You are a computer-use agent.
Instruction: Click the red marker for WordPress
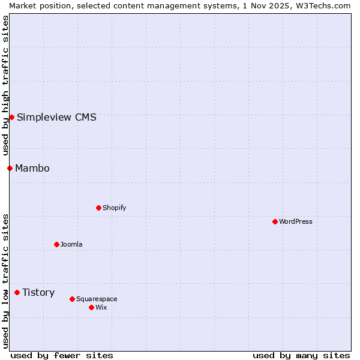tap(275, 221)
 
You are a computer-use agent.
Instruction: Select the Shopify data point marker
tap(98, 208)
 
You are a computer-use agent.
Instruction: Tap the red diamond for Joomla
tap(56, 244)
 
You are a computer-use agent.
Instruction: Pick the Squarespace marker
tap(72, 299)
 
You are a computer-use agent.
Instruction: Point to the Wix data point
tap(91, 307)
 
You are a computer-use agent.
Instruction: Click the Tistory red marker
tap(17, 292)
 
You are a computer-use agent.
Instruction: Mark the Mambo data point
tap(10, 168)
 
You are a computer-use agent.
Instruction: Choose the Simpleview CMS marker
tap(11, 117)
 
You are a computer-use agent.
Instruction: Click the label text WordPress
tap(296, 221)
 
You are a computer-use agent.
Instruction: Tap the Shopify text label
tap(115, 208)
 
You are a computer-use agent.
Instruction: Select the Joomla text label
tap(71, 244)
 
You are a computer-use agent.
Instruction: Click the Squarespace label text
tap(97, 299)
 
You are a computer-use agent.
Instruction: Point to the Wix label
tap(101, 307)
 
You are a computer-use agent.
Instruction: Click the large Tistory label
tap(38, 292)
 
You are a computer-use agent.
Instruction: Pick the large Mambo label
tap(32, 168)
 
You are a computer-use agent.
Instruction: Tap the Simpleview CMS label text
tap(56, 117)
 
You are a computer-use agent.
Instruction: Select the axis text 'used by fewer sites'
tap(62, 355)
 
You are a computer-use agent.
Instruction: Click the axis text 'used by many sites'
tap(301, 355)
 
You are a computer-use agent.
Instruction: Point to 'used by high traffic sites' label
tap(5, 86)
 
